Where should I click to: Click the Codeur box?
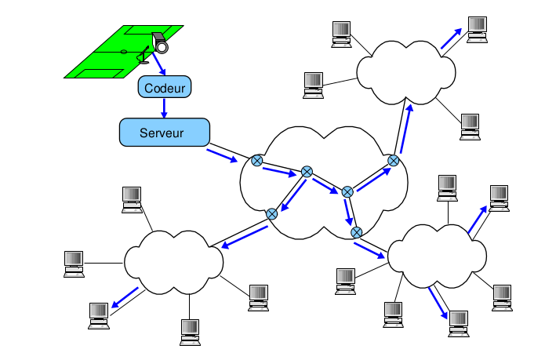[165, 87]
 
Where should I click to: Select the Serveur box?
[165, 132]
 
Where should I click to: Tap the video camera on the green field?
[159, 41]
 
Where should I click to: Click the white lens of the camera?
[162, 47]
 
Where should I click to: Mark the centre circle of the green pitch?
[123, 53]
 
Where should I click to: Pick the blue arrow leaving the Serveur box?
[222, 155]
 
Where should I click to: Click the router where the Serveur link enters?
[256, 161]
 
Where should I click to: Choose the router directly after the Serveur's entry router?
[307, 172]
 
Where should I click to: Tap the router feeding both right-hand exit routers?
[347, 191]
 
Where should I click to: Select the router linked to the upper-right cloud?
[394, 161]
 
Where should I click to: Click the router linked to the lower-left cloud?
[271, 213]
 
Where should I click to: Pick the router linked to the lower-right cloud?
[357, 232]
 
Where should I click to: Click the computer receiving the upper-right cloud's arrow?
[477, 27]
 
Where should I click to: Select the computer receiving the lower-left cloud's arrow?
[99, 311]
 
